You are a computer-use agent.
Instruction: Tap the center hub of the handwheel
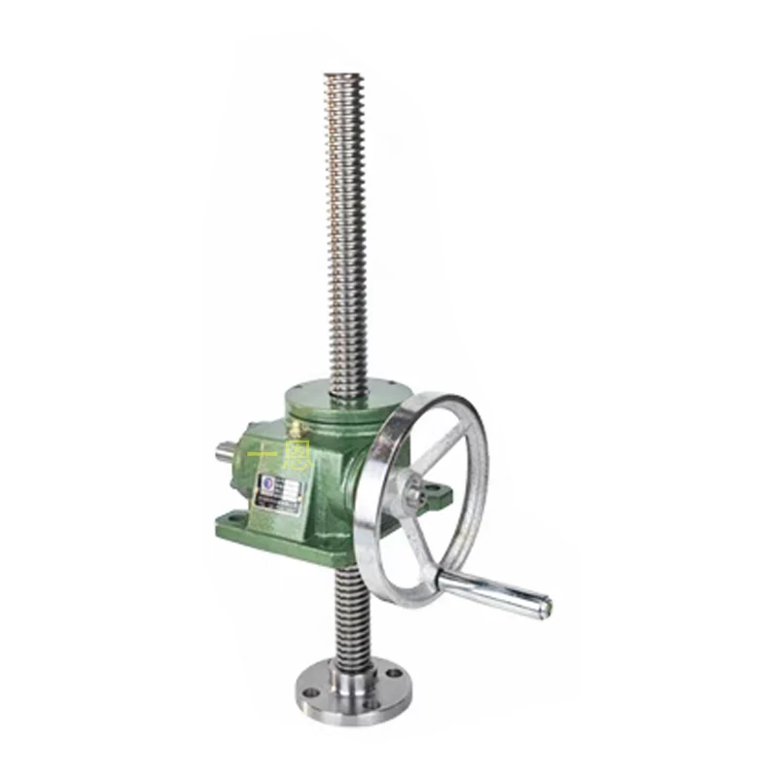tap(414, 493)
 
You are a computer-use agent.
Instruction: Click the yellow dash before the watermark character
tap(261, 453)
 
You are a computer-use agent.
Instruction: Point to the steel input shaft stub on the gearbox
tap(225, 450)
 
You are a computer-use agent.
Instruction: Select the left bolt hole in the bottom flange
tap(309, 692)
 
